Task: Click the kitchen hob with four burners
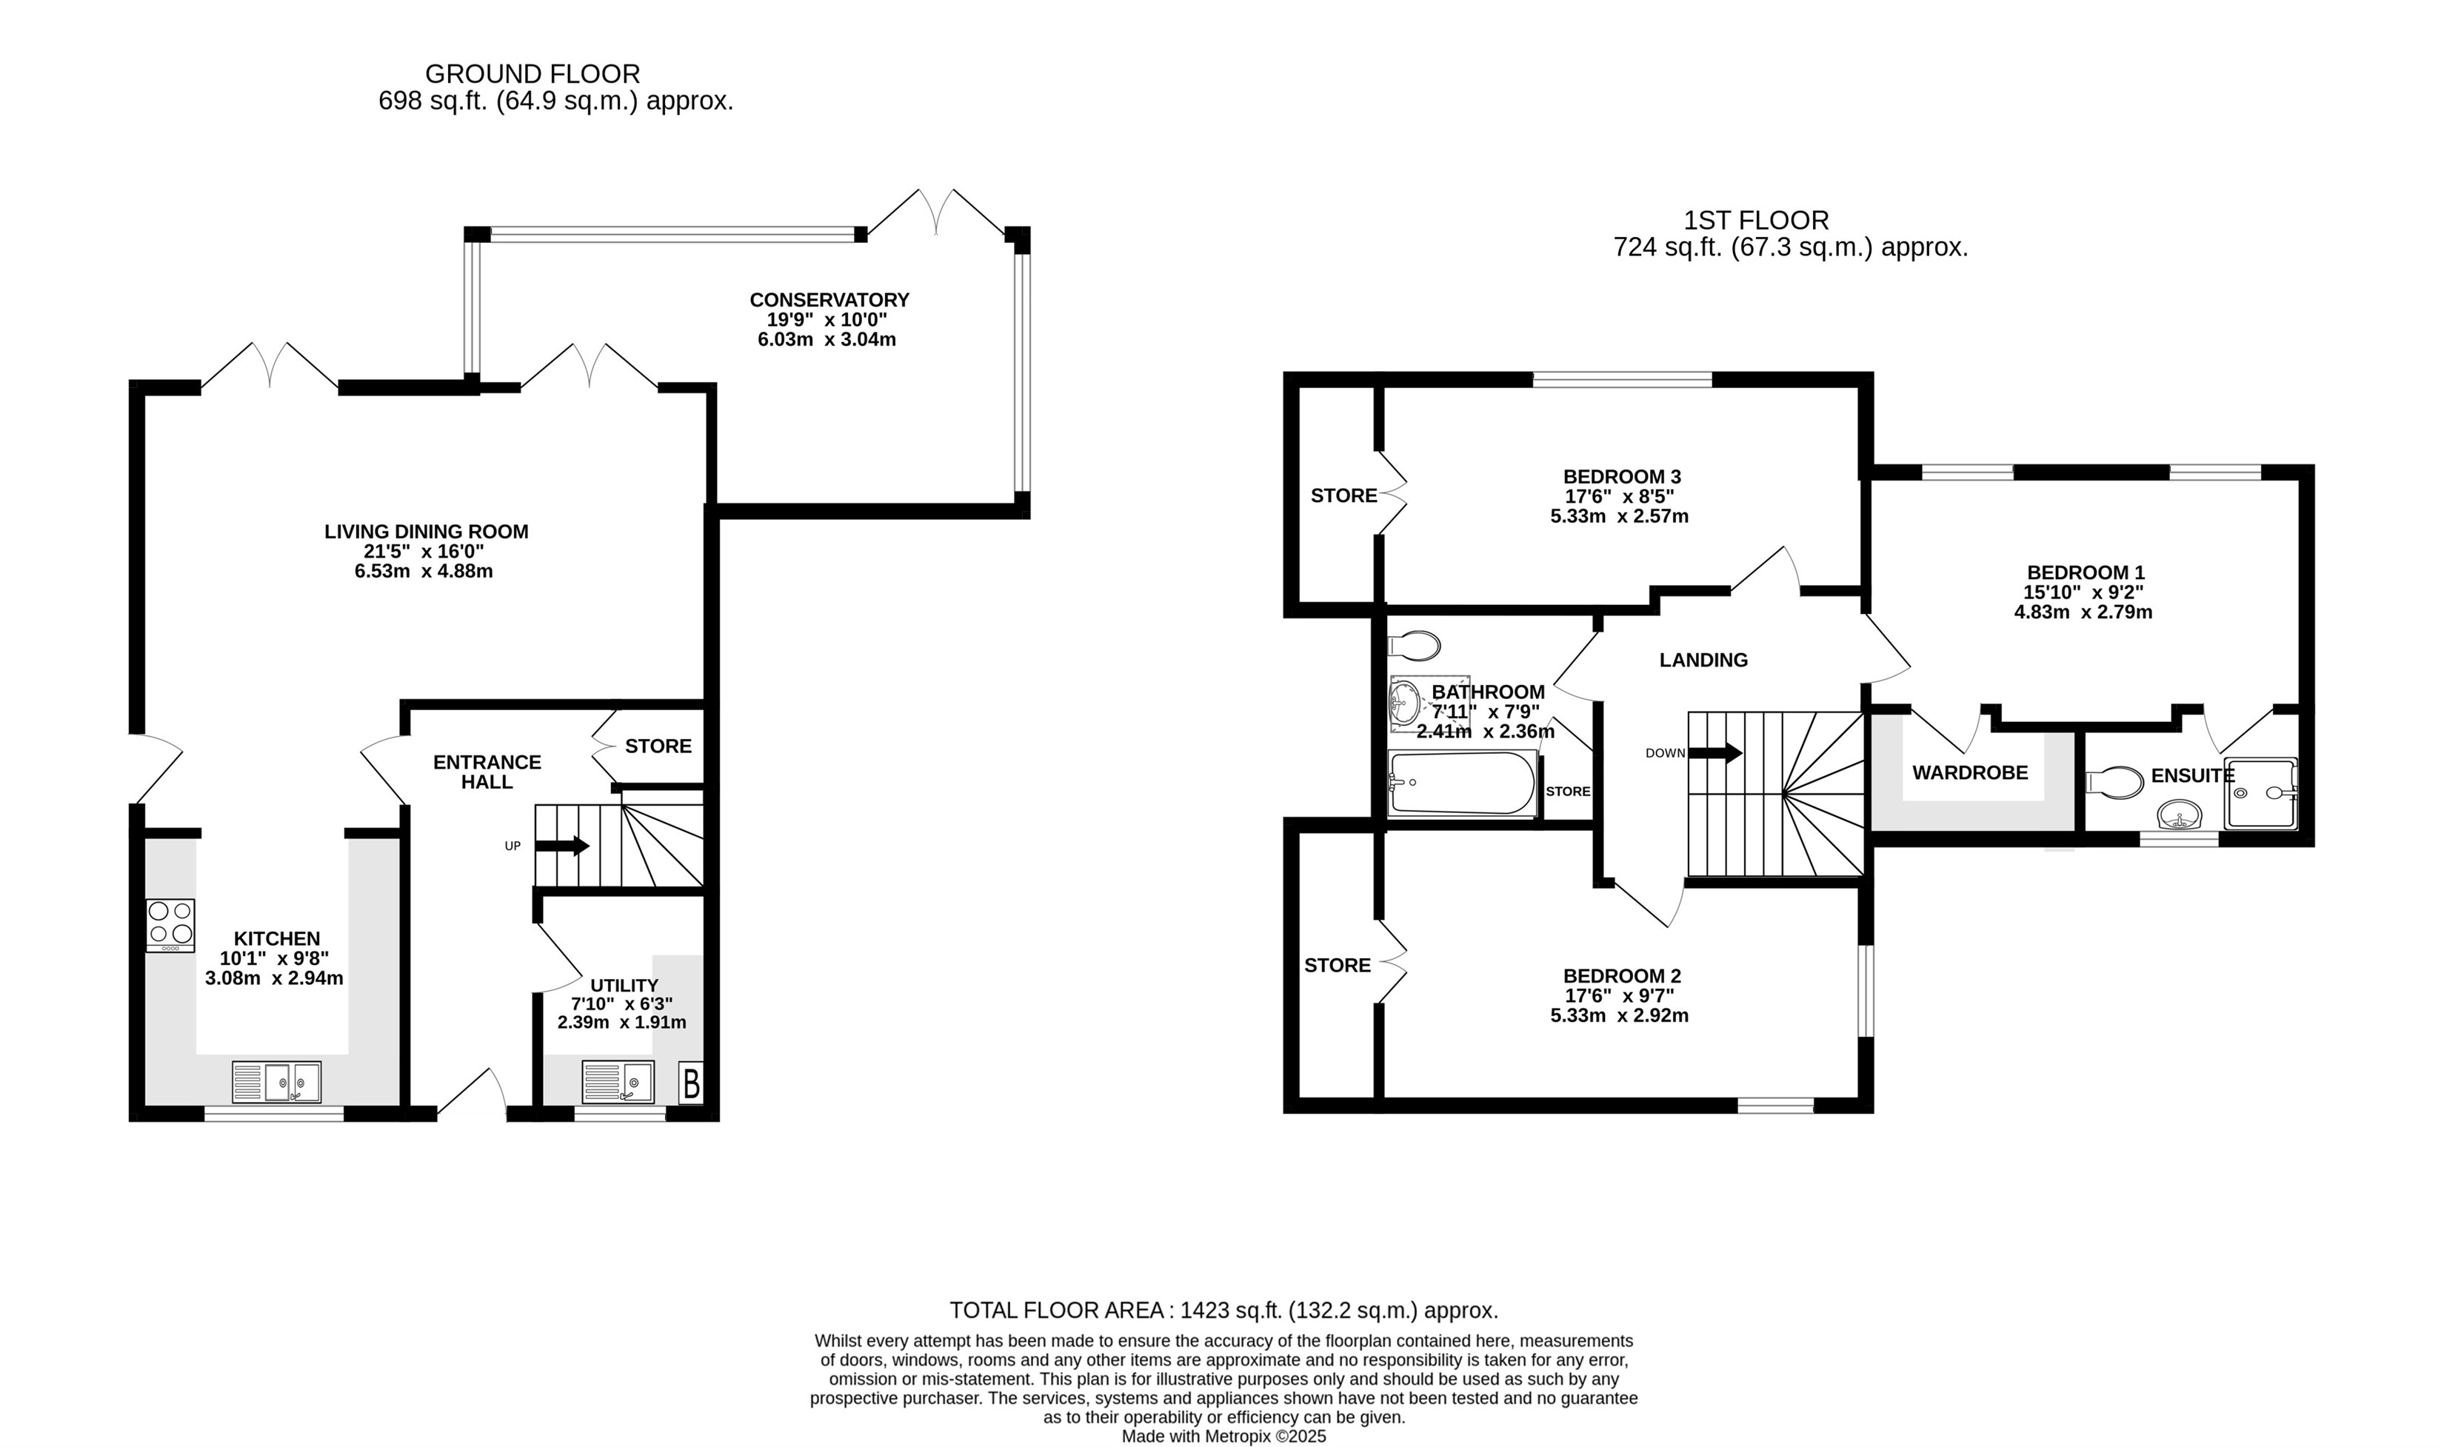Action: click(x=170, y=926)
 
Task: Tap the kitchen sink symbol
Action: click(x=276, y=1081)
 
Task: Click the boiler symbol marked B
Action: click(x=691, y=1083)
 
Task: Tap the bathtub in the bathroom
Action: click(x=1462, y=782)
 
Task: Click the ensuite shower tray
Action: click(x=2260, y=792)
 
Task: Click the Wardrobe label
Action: click(x=1970, y=772)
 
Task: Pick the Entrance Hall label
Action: click(x=487, y=772)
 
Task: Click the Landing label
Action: click(x=1703, y=660)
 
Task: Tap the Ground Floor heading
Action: click(x=532, y=74)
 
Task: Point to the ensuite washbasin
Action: click(x=2179, y=813)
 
